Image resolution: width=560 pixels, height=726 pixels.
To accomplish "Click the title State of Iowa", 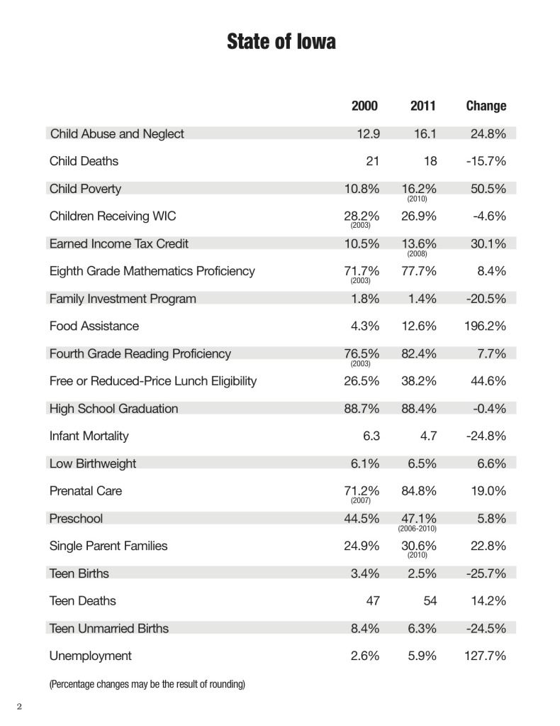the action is click(x=281, y=41).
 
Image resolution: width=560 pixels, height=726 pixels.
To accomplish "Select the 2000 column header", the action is click(x=364, y=106).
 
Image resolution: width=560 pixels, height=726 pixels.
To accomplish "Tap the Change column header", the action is click(x=486, y=106).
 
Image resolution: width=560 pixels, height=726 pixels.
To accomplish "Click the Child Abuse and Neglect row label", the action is click(x=117, y=134).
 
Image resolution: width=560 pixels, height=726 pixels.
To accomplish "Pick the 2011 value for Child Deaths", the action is click(x=430, y=161).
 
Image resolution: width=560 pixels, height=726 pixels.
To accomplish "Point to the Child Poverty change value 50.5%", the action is click(x=488, y=189).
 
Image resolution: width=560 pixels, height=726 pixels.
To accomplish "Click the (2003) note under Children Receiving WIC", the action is click(x=360, y=226).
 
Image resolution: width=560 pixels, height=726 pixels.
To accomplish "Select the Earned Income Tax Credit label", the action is click(x=119, y=244).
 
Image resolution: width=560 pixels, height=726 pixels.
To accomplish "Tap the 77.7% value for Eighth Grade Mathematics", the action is click(x=419, y=271).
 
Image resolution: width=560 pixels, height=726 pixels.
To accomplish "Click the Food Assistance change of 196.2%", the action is click(x=485, y=326).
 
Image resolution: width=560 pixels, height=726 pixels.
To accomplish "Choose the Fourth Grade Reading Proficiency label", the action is click(x=140, y=353).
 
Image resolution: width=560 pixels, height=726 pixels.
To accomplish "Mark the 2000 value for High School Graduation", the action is click(x=362, y=409).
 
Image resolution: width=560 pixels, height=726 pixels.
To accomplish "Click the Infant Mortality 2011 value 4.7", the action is click(x=428, y=436).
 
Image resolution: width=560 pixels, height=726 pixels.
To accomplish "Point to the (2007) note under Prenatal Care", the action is click(x=360, y=500).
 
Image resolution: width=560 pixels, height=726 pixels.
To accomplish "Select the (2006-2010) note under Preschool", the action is click(x=417, y=528).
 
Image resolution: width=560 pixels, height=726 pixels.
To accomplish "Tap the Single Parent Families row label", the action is click(x=108, y=546).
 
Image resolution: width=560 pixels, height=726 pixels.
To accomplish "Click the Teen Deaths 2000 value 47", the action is click(x=373, y=601).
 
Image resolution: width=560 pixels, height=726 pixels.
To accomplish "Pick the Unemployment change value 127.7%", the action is click(x=485, y=656).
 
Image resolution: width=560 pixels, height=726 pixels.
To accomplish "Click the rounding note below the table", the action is click(x=147, y=684).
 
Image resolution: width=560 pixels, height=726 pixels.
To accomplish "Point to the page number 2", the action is click(x=19, y=707).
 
